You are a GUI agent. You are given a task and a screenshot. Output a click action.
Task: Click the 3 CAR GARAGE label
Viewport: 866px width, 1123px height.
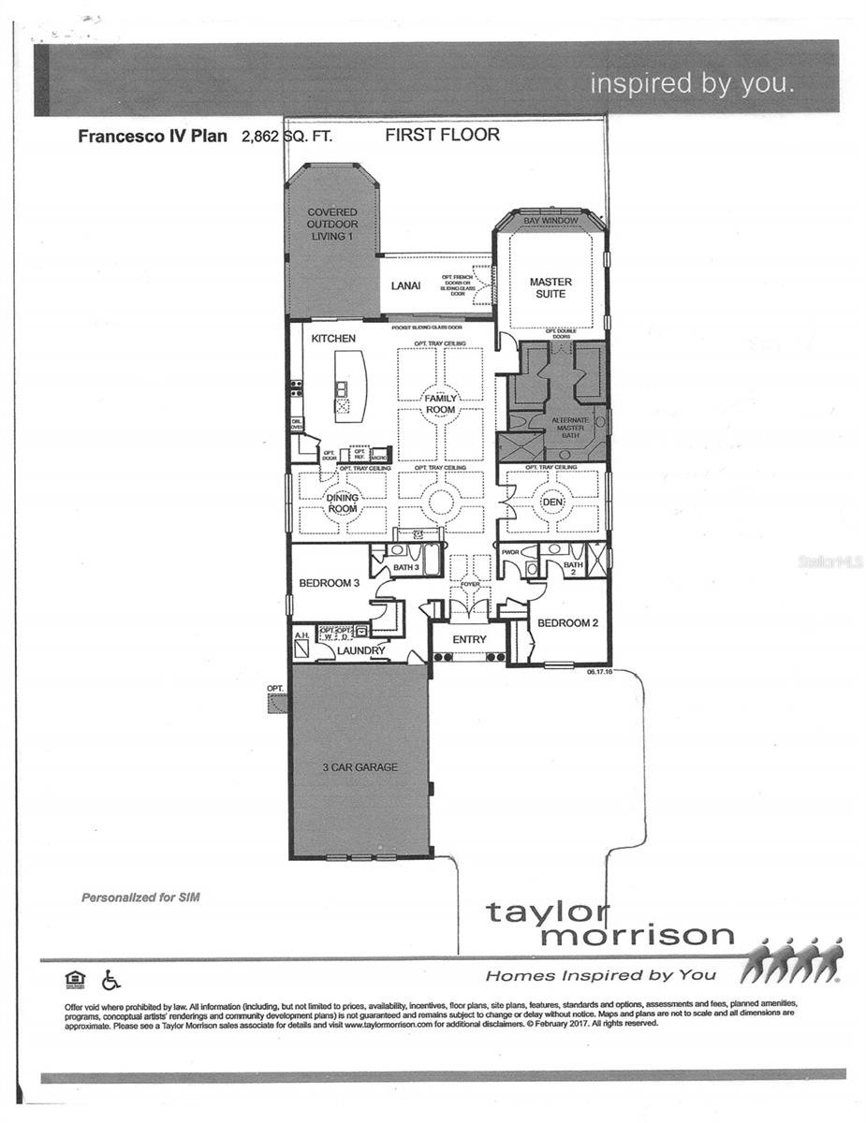click(x=360, y=767)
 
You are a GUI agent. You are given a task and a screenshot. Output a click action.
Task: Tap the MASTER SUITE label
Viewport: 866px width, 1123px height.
click(x=550, y=287)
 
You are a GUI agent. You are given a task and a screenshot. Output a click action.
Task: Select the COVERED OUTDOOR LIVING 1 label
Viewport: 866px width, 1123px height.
click(x=332, y=225)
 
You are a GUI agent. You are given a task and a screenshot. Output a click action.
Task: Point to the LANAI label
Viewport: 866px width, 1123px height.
click(x=404, y=286)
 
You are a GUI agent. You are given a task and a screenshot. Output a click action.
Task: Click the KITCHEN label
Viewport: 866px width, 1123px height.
click(x=333, y=338)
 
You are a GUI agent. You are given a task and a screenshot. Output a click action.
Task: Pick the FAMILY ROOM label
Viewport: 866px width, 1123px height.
click(x=441, y=403)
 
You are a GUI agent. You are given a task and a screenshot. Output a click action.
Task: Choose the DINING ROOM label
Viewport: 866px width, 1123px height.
click(x=342, y=503)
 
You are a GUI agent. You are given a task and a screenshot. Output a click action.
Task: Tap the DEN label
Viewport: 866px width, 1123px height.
click(x=551, y=503)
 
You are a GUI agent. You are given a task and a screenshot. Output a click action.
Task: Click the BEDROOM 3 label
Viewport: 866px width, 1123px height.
click(x=329, y=583)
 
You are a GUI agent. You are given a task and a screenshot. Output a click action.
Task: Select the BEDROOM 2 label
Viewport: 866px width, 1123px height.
click(x=568, y=622)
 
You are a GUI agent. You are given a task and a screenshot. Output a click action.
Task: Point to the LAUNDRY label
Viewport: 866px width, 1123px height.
click(x=360, y=649)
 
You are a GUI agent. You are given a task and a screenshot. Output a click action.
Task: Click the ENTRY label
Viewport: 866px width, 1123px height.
click(x=468, y=639)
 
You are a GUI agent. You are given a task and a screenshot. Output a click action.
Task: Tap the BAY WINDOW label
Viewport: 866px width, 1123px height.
click(x=550, y=221)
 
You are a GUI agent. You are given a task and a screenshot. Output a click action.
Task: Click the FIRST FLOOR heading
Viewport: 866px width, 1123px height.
click(x=442, y=135)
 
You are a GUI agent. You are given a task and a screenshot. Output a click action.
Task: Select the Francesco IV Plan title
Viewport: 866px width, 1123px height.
click(x=152, y=136)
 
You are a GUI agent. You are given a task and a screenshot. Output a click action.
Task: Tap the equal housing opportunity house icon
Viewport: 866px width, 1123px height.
click(x=75, y=979)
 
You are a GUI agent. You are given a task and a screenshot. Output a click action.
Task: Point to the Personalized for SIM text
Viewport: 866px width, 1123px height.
click(x=140, y=897)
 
